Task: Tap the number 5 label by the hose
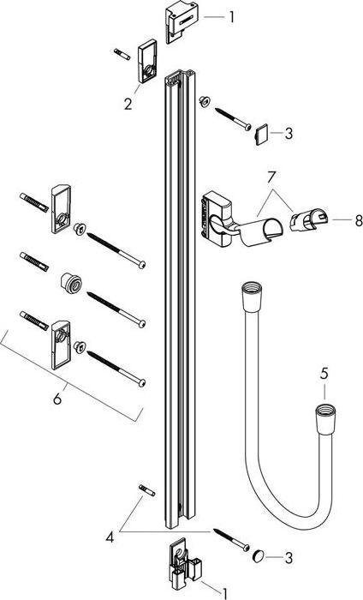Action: click(x=324, y=374)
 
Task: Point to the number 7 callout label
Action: click(x=271, y=178)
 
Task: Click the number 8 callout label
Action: click(x=336, y=220)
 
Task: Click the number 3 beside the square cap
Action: click(x=289, y=134)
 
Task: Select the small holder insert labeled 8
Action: click(x=303, y=223)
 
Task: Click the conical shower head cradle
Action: click(x=263, y=231)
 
